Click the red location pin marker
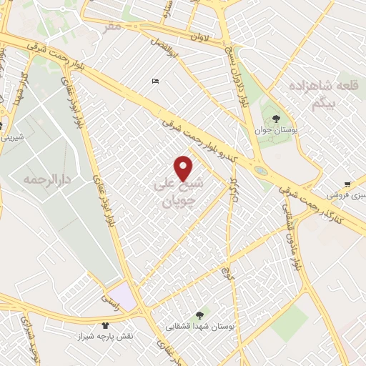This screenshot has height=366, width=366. point(184,169)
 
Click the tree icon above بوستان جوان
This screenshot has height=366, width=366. point(276,119)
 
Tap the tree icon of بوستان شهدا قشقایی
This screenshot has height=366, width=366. point(199,314)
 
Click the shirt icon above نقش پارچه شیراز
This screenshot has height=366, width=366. point(106,325)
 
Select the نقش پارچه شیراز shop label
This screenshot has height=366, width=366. point(106,336)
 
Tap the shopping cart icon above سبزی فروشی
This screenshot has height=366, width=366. point(347,183)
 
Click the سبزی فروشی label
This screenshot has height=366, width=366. point(346,194)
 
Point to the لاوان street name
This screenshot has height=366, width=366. point(199,36)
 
